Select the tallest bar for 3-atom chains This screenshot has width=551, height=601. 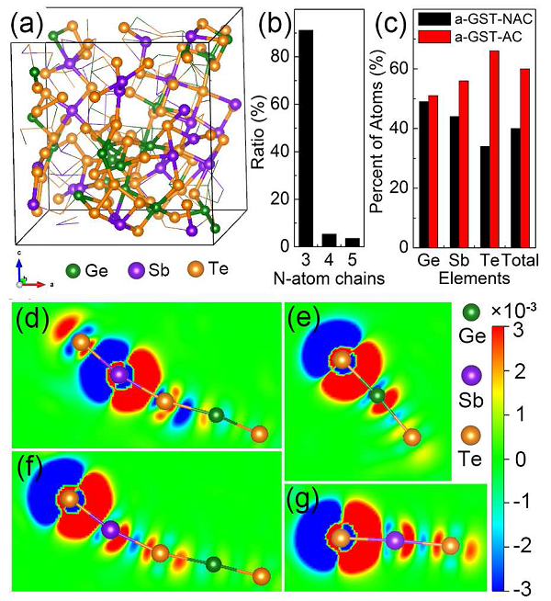click(x=306, y=138)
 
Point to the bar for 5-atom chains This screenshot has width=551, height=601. click(x=353, y=243)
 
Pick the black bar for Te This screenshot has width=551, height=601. click(x=483, y=197)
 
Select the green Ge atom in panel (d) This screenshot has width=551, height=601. click(x=216, y=415)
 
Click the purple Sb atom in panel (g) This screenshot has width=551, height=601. click(x=395, y=541)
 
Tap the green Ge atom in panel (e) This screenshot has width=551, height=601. click(x=377, y=397)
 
